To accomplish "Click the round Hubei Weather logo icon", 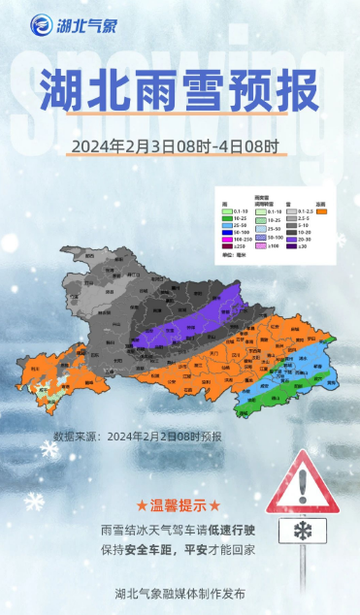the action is click(x=40, y=24).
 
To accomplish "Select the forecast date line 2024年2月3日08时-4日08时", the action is click(x=175, y=147).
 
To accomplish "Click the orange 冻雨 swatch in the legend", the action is click(x=321, y=211).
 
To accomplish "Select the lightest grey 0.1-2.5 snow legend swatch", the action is click(x=291, y=211).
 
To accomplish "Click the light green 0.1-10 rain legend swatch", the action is click(x=225, y=211).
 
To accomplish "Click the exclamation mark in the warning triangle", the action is click(x=303, y=482).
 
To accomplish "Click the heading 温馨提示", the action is click(x=179, y=506).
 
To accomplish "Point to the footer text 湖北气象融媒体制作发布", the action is click(x=180, y=593).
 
